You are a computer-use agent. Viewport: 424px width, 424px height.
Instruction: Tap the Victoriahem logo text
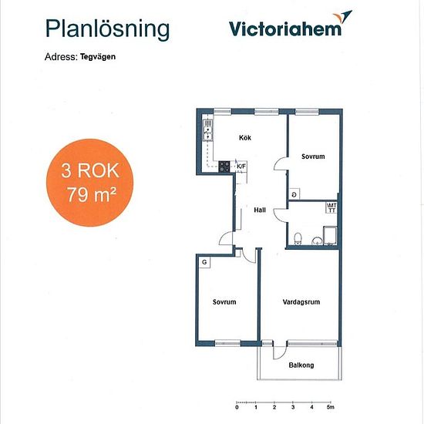pos(285,29)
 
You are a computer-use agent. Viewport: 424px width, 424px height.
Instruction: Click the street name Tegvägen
pos(98,57)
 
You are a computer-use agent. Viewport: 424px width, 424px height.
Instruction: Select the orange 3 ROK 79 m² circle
pos(89,183)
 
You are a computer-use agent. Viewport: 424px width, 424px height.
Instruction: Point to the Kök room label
pos(245,138)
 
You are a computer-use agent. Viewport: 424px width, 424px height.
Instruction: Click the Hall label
pos(260,210)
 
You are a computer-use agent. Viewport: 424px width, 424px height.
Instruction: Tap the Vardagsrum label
pos(301,301)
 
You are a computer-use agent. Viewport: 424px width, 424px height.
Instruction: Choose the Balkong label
pos(301,365)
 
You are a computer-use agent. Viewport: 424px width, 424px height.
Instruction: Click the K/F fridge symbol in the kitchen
pos(241,167)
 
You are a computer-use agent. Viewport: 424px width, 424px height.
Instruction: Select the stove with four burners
pos(224,167)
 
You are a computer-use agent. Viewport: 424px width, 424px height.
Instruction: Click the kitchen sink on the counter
pos(208,131)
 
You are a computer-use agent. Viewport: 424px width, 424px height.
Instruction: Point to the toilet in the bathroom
pos(298,238)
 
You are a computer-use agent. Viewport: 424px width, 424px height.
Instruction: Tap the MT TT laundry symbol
pos(331,207)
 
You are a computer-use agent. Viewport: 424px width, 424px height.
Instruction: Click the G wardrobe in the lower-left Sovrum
pos(204,262)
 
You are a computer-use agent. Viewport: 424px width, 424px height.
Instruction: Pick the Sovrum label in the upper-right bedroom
pos(313,156)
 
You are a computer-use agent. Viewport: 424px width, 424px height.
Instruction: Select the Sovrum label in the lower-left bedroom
pos(224,301)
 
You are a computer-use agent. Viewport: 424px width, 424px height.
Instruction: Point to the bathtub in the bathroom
pos(330,236)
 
